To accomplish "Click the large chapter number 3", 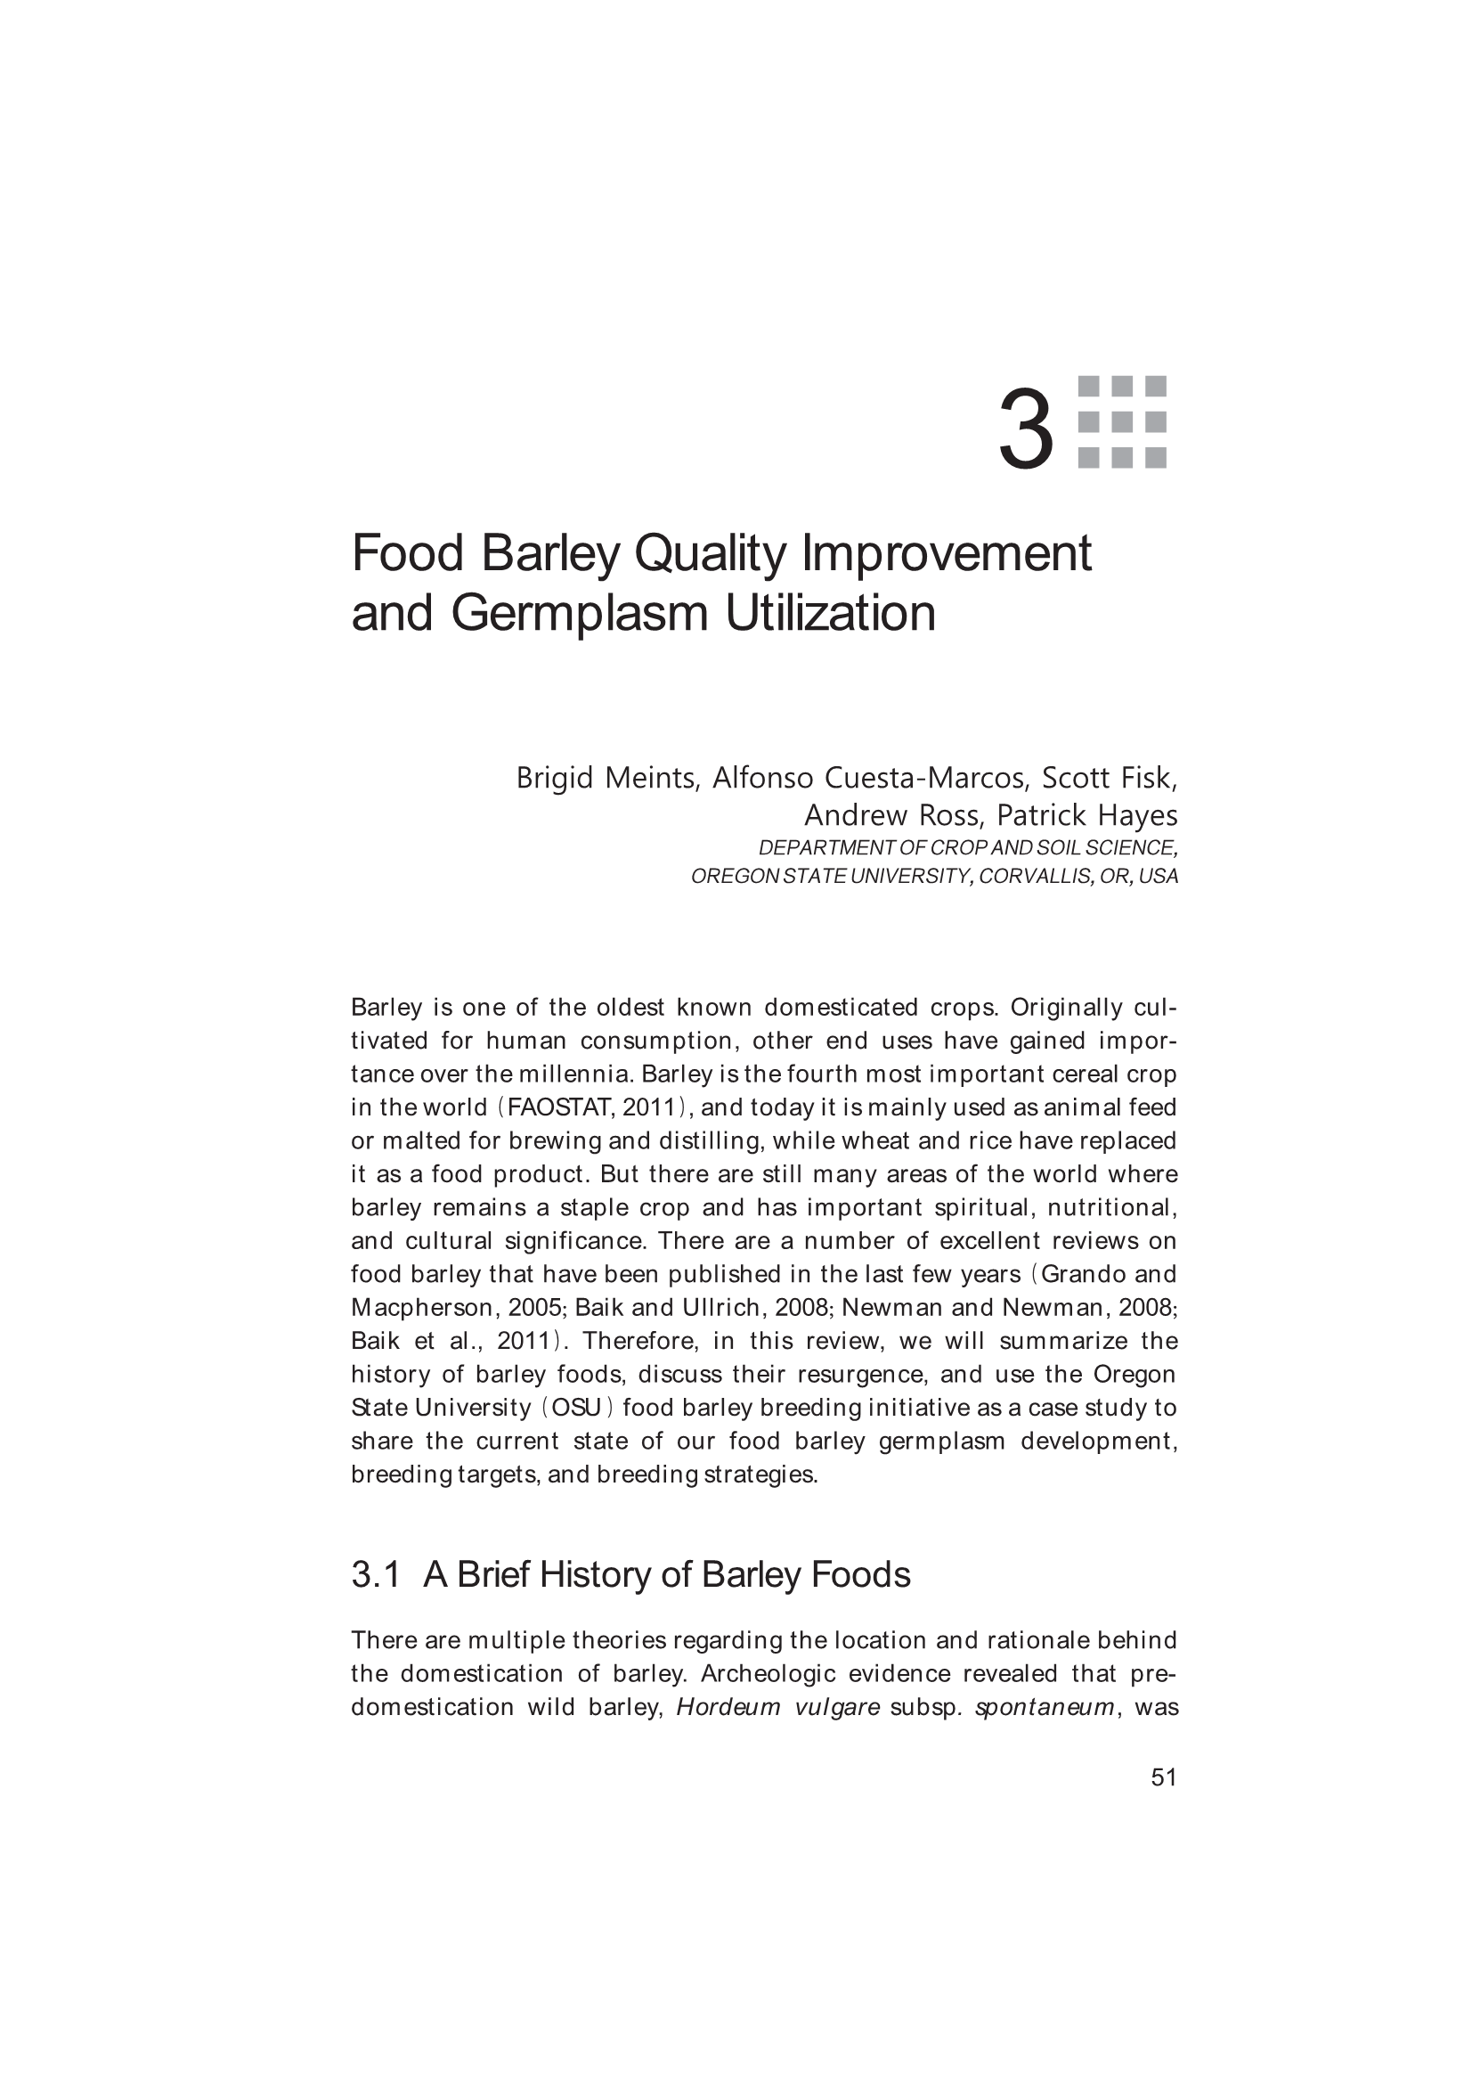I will click(x=1026, y=430).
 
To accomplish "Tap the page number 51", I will click(x=1164, y=1777).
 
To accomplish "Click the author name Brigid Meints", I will click(x=606, y=778).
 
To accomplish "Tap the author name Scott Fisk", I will click(x=1110, y=778).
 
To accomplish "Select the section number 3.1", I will click(x=376, y=1574).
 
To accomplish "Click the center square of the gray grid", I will click(x=1122, y=422).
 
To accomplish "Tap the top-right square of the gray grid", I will click(x=1156, y=387).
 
